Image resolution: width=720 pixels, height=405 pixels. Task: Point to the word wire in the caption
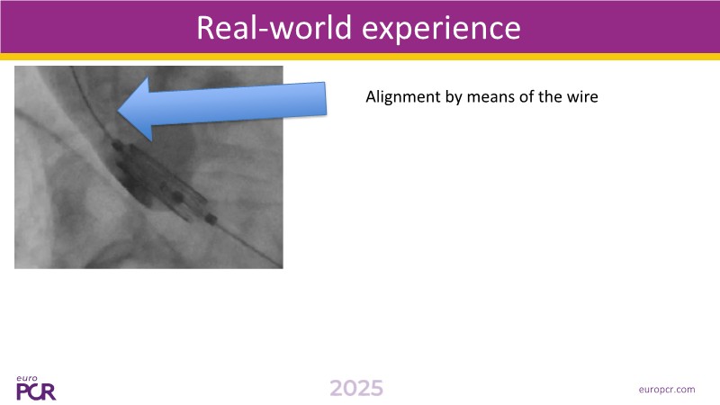[583, 97]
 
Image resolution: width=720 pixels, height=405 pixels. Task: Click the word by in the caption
[454, 98]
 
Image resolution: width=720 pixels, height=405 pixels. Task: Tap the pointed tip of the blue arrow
[119, 110]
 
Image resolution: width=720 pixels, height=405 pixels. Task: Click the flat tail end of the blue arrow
[326, 99]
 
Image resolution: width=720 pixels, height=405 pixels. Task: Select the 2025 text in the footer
[356, 389]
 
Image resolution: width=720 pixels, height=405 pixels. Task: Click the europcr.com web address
[667, 390]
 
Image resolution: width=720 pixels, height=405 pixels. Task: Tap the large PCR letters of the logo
[36, 391]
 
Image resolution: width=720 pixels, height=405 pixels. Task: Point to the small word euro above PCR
[27, 378]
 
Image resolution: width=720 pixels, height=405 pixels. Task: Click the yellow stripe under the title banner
[360, 57]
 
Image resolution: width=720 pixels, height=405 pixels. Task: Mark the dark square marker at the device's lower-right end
[211, 219]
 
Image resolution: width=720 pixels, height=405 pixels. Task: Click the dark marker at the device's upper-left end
[118, 146]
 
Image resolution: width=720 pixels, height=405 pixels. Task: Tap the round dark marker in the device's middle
[177, 197]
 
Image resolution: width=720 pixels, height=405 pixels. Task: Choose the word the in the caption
[551, 97]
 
